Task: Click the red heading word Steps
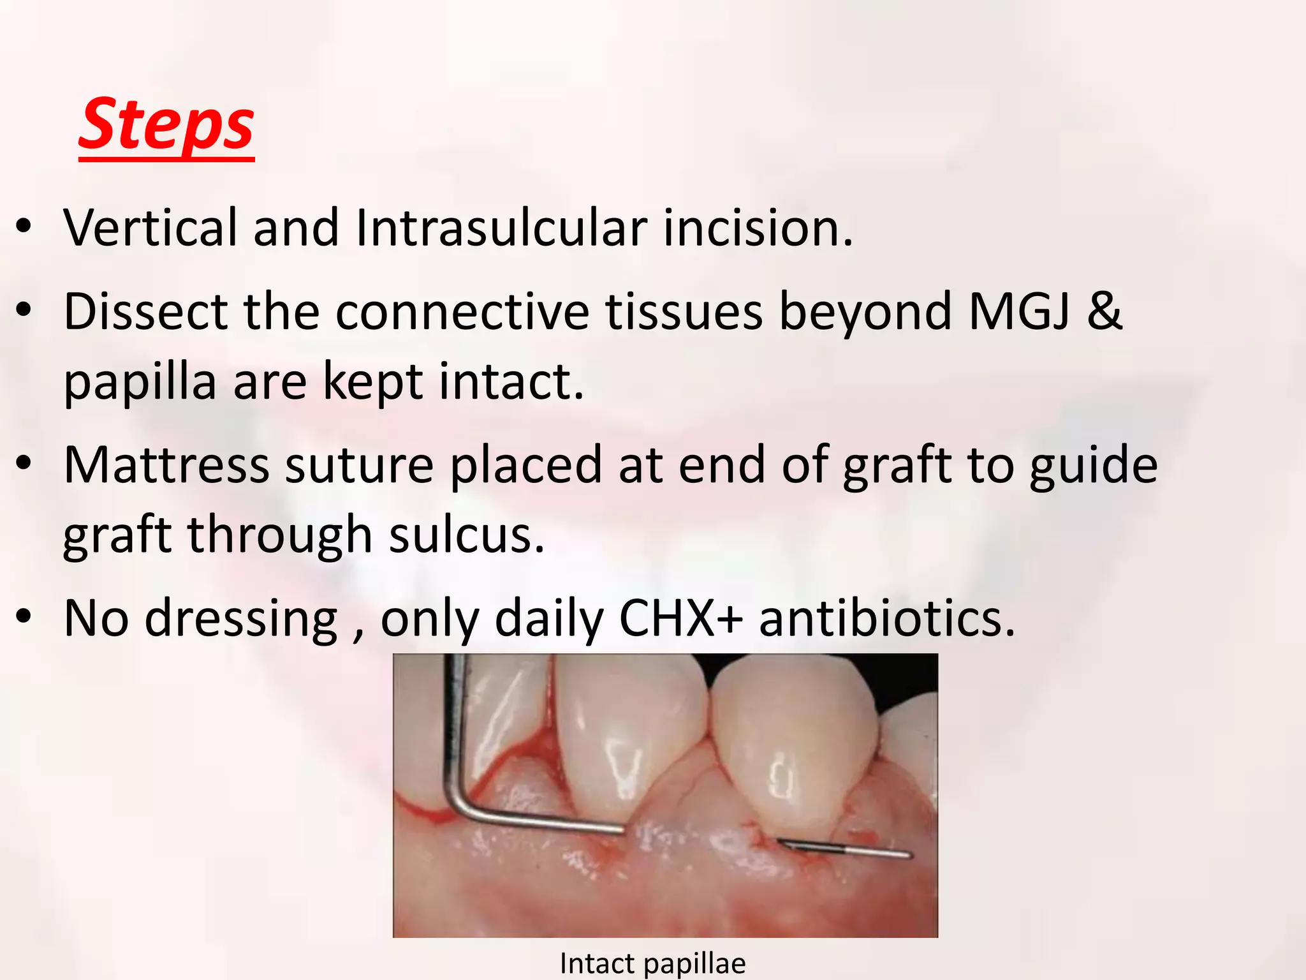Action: [x=166, y=124]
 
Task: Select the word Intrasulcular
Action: [x=501, y=228]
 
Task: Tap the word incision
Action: [x=757, y=228]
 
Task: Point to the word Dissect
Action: [x=145, y=312]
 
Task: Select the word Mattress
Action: [x=166, y=466]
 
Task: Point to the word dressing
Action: [x=241, y=619]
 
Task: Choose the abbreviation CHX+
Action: [x=680, y=619]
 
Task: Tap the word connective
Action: [x=462, y=312]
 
